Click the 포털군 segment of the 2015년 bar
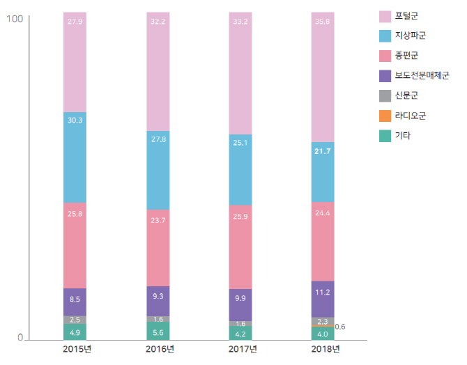point(75,63)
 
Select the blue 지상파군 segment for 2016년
point(158,170)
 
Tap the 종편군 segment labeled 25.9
point(240,247)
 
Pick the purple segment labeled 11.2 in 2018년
point(323,299)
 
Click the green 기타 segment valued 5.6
point(158,331)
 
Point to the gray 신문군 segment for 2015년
point(75,320)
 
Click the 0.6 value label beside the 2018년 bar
point(340,327)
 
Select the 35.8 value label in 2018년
point(323,22)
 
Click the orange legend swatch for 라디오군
point(385,116)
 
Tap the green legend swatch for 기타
point(385,136)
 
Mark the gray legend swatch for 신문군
point(385,95)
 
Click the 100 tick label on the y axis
point(14,18)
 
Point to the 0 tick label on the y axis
point(20,338)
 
